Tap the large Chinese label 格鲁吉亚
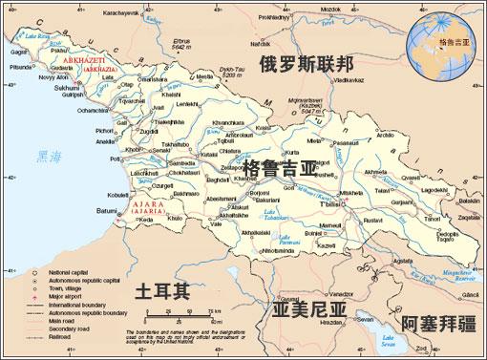pos(279,169)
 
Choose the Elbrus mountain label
pos(183,42)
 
